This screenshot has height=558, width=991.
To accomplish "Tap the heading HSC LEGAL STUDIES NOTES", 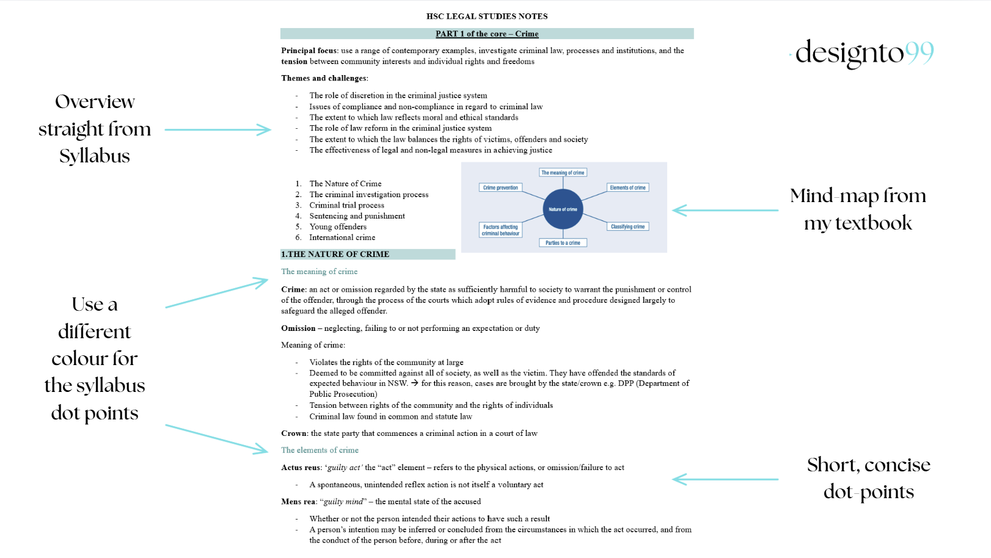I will pyautogui.click(x=487, y=16).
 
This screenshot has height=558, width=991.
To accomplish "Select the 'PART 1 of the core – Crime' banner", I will pyautogui.click(x=487, y=34).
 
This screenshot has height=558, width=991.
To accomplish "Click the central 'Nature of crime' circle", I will pyautogui.click(x=563, y=209).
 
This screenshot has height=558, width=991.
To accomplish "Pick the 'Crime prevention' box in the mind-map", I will pyautogui.click(x=500, y=187).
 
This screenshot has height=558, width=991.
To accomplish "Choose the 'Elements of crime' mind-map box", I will pyautogui.click(x=627, y=187).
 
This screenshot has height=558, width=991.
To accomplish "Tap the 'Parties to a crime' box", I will pyautogui.click(x=563, y=242).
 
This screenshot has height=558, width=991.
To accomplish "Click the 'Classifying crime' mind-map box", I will pyautogui.click(x=627, y=226).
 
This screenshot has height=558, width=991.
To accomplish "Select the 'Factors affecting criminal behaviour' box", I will pyautogui.click(x=500, y=230).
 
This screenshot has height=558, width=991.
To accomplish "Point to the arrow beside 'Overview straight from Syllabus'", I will pyautogui.click(x=218, y=129).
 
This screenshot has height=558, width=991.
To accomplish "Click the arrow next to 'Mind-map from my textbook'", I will pyautogui.click(x=725, y=210).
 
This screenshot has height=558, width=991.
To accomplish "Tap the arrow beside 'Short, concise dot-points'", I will pyautogui.click(x=725, y=479).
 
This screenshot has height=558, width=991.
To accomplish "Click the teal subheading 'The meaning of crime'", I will pyautogui.click(x=319, y=272).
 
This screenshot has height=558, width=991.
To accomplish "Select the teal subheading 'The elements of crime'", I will pyautogui.click(x=320, y=450).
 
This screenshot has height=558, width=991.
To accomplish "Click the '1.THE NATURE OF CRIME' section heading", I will pyautogui.click(x=335, y=254).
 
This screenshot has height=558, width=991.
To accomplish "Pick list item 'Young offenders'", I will pyautogui.click(x=338, y=226).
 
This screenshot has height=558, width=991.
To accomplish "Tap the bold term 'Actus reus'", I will pyautogui.click(x=301, y=468).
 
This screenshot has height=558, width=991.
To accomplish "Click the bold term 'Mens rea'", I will pyautogui.click(x=298, y=502).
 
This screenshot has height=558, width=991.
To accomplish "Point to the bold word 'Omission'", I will pyautogui.click(x=298, y=328).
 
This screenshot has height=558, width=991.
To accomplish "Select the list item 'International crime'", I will pyautogui.click(x=342, y=237).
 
